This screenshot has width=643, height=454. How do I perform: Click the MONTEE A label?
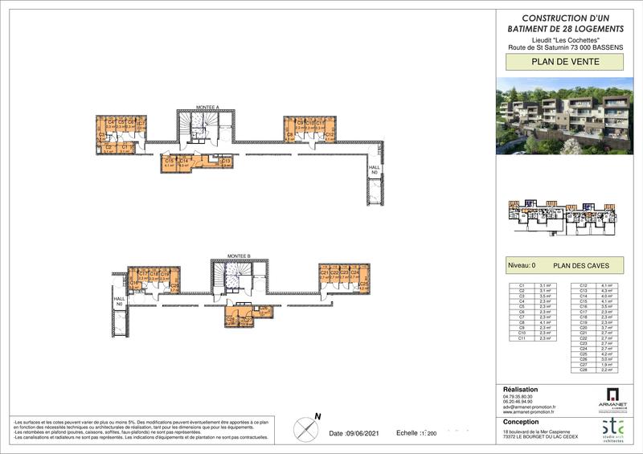207,106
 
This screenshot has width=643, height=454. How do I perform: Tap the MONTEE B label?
239,256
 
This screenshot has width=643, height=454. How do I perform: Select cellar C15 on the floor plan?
169,163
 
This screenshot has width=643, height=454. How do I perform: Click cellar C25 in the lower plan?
363,284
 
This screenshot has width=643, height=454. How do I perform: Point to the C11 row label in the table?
522,339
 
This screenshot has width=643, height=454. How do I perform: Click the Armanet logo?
613,399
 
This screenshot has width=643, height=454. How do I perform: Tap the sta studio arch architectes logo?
613,429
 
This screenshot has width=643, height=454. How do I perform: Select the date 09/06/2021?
349,433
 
